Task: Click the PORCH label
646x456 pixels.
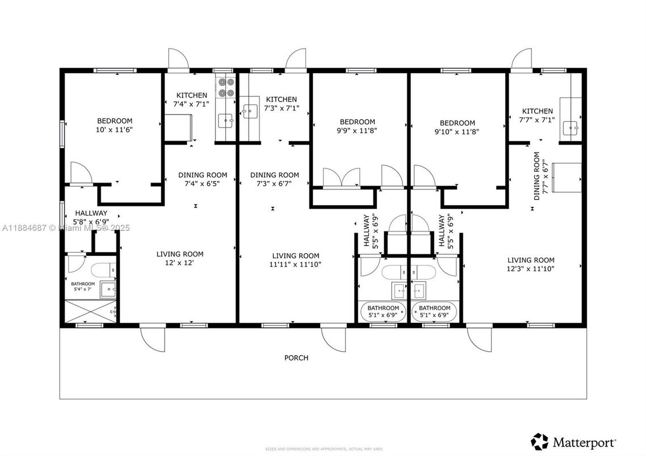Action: (x=296, y=358)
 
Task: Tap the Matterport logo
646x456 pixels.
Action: (x=573, y=441)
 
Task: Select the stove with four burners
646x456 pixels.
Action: (x=226, y=86)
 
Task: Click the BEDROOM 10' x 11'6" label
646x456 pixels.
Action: (x=115, y=125)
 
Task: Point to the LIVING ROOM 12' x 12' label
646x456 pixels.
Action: (x=180, y=259)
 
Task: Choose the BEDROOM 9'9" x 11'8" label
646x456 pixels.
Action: (x=358, y=126)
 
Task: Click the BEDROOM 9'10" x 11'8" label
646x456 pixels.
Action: (x=458, y=127)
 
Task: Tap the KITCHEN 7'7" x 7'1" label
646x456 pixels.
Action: (x=537, y=116)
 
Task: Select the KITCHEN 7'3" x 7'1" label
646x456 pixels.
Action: (x=281, y=103)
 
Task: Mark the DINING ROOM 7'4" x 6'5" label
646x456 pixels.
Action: (x=203, y=179)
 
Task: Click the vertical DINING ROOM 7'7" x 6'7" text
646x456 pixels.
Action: (x=540, y=175)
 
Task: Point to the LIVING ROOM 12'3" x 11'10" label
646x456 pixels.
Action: (x=531, y=264)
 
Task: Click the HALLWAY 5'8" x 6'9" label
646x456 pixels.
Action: (x=91, y=218)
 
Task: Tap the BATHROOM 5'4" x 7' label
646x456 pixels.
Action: (x=83, y=287)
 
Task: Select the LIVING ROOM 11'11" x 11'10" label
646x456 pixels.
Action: (x=295, y=260)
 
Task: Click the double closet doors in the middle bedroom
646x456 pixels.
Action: (x=341, y=178)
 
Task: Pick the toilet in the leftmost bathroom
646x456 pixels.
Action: (x=103, y=268)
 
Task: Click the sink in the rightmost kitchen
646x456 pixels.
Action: (x=570, y=128)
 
